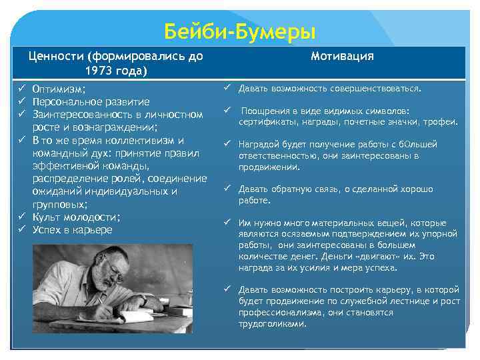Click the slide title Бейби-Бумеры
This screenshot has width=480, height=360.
point(240,31)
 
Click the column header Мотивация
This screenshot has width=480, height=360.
point(342,57)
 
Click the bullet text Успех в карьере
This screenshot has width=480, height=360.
point(72,230)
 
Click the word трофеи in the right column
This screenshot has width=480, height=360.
point(441,122)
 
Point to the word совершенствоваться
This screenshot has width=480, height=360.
point(383,88)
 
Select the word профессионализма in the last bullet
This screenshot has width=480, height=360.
point(275,313)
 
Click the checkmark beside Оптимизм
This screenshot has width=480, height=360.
point(21,89)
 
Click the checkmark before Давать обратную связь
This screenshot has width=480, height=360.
point(227,189)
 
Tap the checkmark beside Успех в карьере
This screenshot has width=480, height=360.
point(21,230)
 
